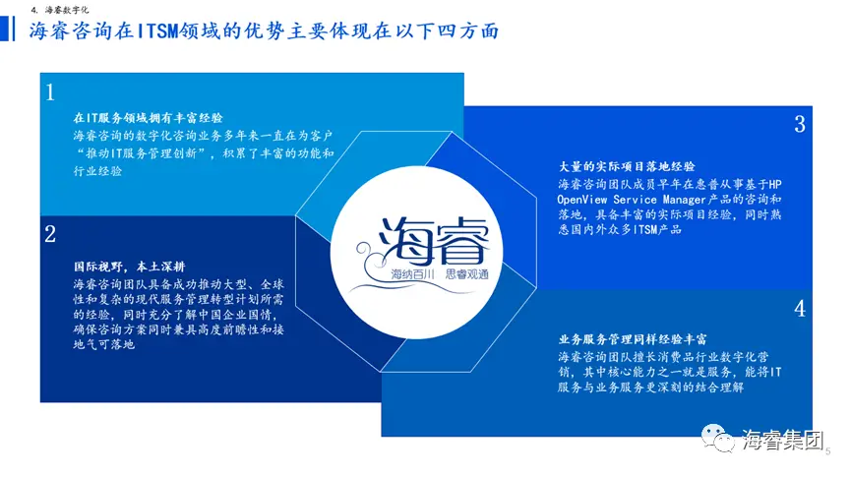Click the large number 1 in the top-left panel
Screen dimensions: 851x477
[50, 92]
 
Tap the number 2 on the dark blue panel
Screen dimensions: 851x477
[50, 234]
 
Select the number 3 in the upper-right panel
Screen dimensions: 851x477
[800, 124]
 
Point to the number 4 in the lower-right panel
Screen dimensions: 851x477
[800, 309]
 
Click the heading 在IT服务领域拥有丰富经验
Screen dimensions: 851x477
[149, 118]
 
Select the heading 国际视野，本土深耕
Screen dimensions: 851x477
[129, 267]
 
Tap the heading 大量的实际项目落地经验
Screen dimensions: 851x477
[627, 166]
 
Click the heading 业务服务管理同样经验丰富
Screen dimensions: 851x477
[633, 339]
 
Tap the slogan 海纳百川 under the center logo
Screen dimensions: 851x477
[412, 274]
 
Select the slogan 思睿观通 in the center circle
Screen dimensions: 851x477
[466, 274]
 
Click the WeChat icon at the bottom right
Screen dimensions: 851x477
[717, 438]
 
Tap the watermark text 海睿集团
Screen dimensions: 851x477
[782, 440]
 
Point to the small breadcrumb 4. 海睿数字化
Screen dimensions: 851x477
[60, 10]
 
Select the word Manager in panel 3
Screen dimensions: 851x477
[684, 199]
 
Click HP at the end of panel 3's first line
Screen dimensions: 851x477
[774, 185]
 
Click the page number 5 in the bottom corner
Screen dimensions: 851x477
[828, 451]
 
